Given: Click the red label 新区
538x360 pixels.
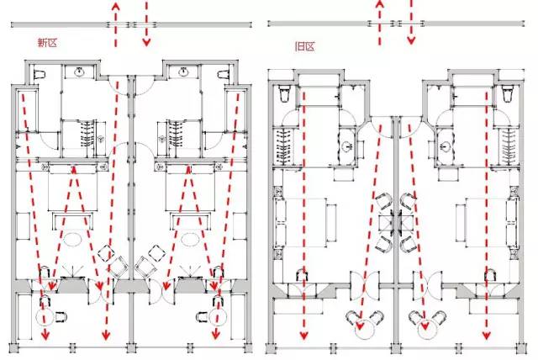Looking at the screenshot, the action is click(47, 43).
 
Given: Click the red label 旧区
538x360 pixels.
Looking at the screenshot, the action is click(304, 46).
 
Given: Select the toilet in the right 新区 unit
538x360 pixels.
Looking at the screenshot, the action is click(223, 75).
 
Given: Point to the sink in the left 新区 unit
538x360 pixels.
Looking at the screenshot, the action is click(80, 72).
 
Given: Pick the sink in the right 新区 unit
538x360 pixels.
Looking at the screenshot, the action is click(183, 72).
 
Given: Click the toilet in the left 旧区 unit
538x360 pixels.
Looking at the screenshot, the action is click(284, 93).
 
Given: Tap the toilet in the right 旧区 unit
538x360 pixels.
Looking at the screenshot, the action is click(507, 93).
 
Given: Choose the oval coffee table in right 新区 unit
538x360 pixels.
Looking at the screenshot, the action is click(190, 239).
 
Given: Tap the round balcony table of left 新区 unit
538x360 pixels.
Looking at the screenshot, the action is click(45, 317).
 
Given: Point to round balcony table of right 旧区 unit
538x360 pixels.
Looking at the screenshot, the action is click(427, 331).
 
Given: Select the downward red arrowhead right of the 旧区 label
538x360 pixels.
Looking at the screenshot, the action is click(411, 40).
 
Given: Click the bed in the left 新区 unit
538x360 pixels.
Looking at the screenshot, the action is click(72, 188).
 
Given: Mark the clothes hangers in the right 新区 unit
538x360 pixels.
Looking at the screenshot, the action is click(176, 135).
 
